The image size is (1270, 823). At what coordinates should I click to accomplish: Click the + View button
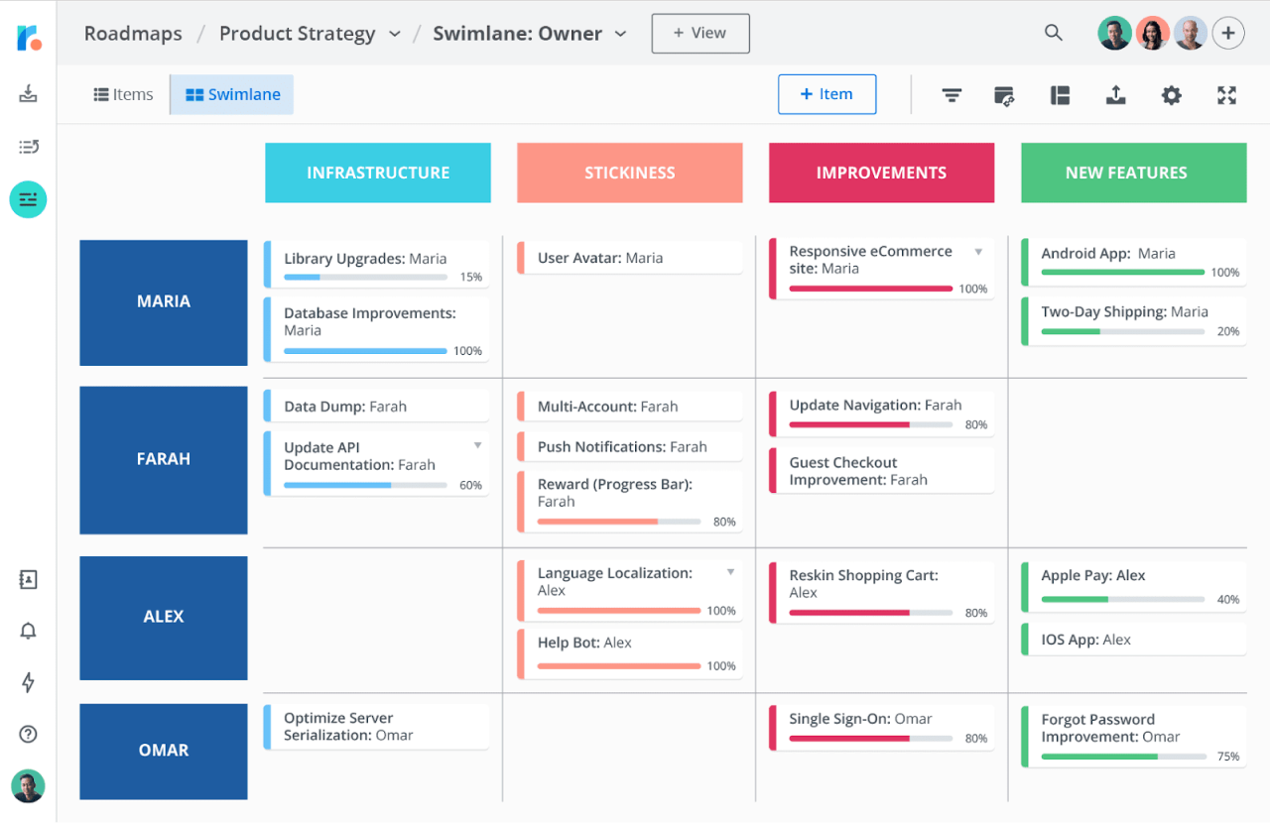[x=699, y=34]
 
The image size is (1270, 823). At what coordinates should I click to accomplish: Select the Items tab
[x=123, y=95]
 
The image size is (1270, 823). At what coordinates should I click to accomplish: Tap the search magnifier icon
[x=1054, y=33]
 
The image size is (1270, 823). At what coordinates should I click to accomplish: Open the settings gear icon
[x=1172, y=95]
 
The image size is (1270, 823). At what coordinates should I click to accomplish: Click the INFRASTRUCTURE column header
[x=378, y=173]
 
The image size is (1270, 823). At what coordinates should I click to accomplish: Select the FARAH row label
[x=164, y=459]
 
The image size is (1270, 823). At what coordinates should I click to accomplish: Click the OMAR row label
[x=164, y=751]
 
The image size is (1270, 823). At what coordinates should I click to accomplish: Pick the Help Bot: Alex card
[x=630, y=651]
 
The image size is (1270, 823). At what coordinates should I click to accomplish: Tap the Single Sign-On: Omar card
[x=881, y=727]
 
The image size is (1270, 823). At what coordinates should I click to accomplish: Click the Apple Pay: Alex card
[x=1133, y=585]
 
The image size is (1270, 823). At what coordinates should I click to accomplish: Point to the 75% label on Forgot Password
[x=1228, y=757]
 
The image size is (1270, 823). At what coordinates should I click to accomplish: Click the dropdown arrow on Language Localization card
[x=731, y=572]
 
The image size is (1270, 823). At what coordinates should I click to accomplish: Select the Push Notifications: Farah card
[x=630, y=447]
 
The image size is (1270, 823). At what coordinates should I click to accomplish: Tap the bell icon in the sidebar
[x=28, y=631]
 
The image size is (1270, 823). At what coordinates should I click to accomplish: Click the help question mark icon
[x=28, y=734]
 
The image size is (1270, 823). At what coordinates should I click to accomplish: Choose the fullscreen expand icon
[x=1227, y=95]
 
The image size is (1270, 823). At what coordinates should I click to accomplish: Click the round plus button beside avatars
[x=1228, y=34]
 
